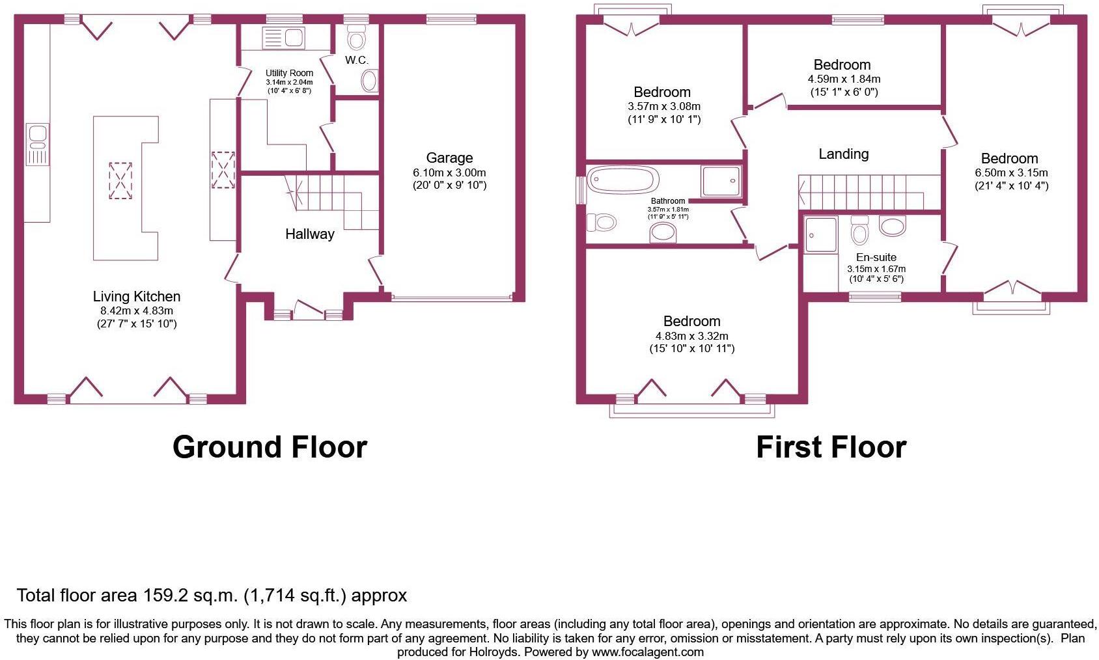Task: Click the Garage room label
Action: (x=449, y=158)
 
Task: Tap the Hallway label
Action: (x=309, y=234)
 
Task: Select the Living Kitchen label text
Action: (x=136, y=297)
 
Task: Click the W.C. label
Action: (x=356, y=61)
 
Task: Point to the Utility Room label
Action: (x=289, y=73)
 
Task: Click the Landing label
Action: (x=843, y=154)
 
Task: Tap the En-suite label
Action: (x=876, y=257)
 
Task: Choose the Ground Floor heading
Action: (x=270, y=447)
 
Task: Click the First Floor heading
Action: (x=831, y=447)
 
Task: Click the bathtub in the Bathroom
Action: (x=623, y=180)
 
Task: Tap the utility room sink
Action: (x=283, y=38)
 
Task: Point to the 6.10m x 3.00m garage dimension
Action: (x=449, y=172)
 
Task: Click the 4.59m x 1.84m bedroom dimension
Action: (x=844, y=79)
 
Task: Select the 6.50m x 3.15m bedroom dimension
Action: (x=1011, y=172)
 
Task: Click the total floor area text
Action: (x=212, y=595)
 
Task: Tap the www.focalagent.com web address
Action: (x=647, y=652)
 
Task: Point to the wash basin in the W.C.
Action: (x=369, y=82)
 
